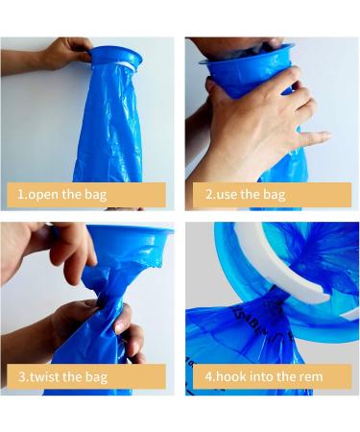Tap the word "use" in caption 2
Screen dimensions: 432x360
[x=225, y=195]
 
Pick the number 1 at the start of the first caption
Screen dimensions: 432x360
[x=20, y=195]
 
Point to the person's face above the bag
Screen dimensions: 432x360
[x=235, y=45]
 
